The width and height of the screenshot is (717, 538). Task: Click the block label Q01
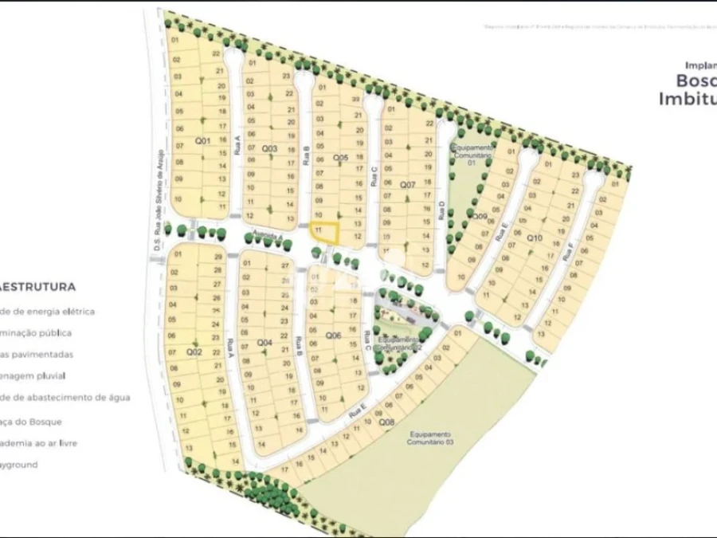(x=202, y=141)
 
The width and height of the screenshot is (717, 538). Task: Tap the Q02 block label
(x=194, y=351)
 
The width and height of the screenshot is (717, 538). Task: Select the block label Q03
(x=269, y=149)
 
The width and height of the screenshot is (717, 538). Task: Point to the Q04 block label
(x=264, y=343)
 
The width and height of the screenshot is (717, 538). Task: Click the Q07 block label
(x=407, y=185)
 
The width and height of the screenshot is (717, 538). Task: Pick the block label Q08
(x=386, y=422)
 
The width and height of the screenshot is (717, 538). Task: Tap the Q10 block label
(x=534, y=238)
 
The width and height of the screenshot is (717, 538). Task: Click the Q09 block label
(x=480, y=216)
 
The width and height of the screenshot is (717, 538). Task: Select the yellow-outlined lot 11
(x=323, y=232)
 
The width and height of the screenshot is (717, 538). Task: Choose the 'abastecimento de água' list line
(x=64, y=397)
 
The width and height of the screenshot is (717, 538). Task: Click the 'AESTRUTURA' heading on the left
(x=38, y=286)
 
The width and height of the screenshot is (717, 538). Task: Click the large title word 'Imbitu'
(x=687, y=99)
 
